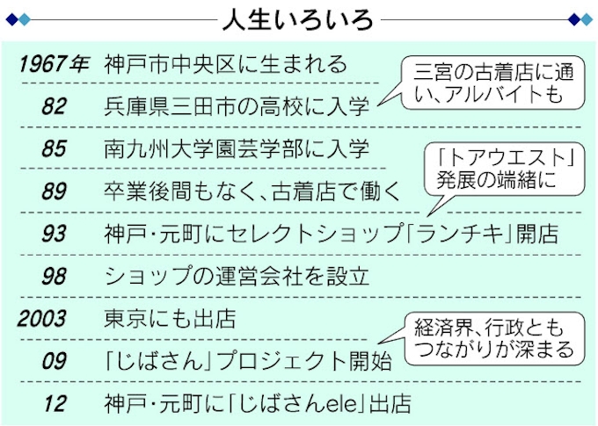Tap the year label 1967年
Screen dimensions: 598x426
tap(54, 64)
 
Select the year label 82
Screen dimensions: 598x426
tap(54, 106)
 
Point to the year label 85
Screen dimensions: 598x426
tap(54, 148)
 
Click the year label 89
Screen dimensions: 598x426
tap(54, 191)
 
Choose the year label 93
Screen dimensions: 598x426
tap(54, 233)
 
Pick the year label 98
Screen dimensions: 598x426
tap(54, 276)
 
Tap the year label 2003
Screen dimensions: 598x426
tap(41, 318)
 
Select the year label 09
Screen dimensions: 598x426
tap(54, 360)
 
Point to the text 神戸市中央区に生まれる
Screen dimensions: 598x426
tap(225, 64)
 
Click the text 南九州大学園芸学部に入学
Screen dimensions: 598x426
tap(237, 148)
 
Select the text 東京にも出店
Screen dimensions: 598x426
tap(170, 318)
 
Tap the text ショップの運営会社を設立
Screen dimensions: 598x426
tap(237, 276)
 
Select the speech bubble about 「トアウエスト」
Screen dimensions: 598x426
tap(504, 170)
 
